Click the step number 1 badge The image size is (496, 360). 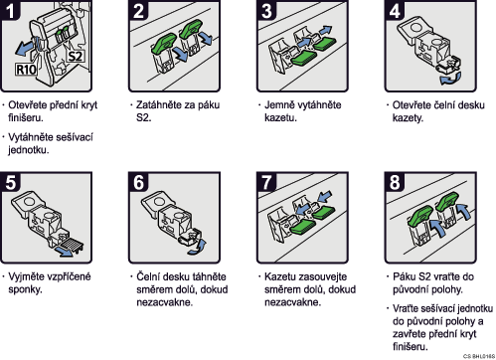10,10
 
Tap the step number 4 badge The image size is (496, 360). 395,10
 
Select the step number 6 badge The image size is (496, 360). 138,182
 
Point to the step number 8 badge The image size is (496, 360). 395,182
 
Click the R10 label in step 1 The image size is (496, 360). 26,70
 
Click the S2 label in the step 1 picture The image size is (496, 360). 76,56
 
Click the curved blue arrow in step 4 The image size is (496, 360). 450,79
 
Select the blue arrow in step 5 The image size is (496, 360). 64,252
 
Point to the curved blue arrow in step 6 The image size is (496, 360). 198,248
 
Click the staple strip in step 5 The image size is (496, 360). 71,245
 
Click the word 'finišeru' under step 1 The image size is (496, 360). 25,117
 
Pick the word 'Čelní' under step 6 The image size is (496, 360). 148,276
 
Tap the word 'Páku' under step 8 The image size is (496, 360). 404,276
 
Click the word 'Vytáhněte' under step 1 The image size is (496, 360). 28,137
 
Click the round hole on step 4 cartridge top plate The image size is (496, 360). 416,27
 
